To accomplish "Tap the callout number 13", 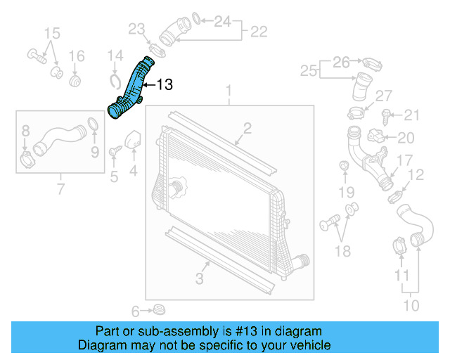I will (x=163, y=85).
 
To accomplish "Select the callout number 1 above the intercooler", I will (x=228, y=91).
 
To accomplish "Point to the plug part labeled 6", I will (x=158, y=310).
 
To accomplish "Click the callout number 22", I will (x=258, y=31).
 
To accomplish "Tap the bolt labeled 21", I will (x=387, y=114).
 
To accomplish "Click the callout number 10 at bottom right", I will (x=411, y=306).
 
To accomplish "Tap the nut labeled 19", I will (x=345, y=166).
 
